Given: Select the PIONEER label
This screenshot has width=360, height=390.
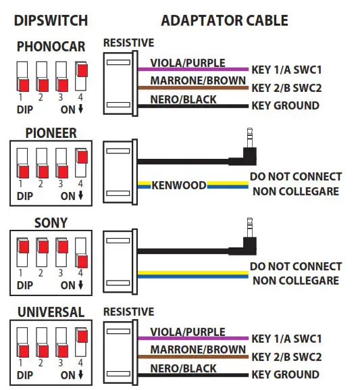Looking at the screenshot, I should (x=51, y=133).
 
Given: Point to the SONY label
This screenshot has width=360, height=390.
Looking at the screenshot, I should (x=51, y=223).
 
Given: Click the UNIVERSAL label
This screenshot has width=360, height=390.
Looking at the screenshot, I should (x=51, y=312).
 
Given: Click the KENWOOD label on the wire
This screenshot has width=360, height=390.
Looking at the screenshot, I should (x=179, y=185).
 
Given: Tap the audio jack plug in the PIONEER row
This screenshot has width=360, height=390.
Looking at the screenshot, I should (x=245, y=152).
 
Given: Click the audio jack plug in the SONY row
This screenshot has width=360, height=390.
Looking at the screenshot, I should (x=245, y=241).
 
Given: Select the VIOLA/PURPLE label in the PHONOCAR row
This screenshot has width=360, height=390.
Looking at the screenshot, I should (x=188, y=63).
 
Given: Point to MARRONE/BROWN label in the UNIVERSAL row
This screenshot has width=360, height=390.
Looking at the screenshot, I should (x=197, y=349).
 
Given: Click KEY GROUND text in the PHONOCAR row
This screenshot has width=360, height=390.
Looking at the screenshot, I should (x=285, y=105).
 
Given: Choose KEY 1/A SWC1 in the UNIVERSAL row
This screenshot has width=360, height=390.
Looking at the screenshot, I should (x=286, y=338).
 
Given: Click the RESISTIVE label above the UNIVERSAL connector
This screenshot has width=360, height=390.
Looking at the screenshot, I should (x=128, y=312).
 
